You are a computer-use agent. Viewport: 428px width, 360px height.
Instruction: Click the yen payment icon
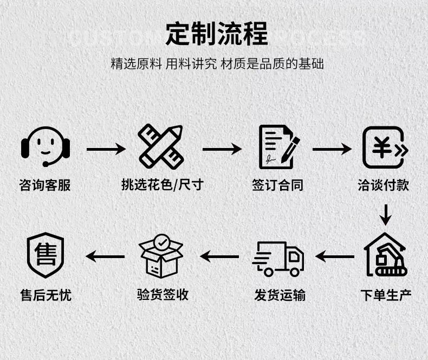[x=384, y=147]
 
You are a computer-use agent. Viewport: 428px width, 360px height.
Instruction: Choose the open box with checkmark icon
[x=161, y=255]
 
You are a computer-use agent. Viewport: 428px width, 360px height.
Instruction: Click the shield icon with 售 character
[x=46, y=255]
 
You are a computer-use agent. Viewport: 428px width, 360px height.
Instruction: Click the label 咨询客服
[x=45, y=185]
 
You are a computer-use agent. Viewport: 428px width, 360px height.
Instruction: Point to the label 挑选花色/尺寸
[x=161, y=185]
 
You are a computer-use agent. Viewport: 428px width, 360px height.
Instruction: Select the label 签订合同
[x=277, y=185]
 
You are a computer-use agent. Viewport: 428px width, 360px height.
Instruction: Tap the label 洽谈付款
[x=384, y=185]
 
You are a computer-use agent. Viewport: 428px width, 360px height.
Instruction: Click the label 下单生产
[x=386, y=295]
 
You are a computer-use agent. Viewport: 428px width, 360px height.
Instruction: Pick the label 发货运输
[x=280, y=295]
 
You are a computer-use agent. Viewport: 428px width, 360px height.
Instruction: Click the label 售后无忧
[x=46, y=295]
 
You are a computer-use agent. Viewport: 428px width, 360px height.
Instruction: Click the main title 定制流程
[x=217, y=34]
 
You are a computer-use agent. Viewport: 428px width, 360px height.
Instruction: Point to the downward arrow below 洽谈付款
[x=385, y=215]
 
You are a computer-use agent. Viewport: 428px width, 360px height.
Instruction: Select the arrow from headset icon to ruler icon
[x=106, y=148]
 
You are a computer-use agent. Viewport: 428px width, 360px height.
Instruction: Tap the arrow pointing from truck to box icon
[x=219, y=256]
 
